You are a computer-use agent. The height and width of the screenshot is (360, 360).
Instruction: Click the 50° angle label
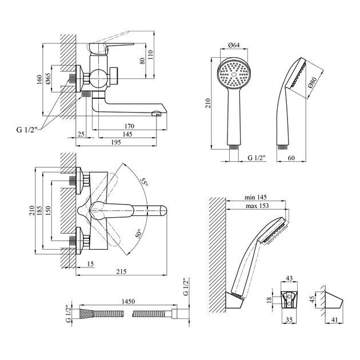[139, 234]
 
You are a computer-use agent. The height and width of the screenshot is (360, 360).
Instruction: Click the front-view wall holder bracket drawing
[290, 298]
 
